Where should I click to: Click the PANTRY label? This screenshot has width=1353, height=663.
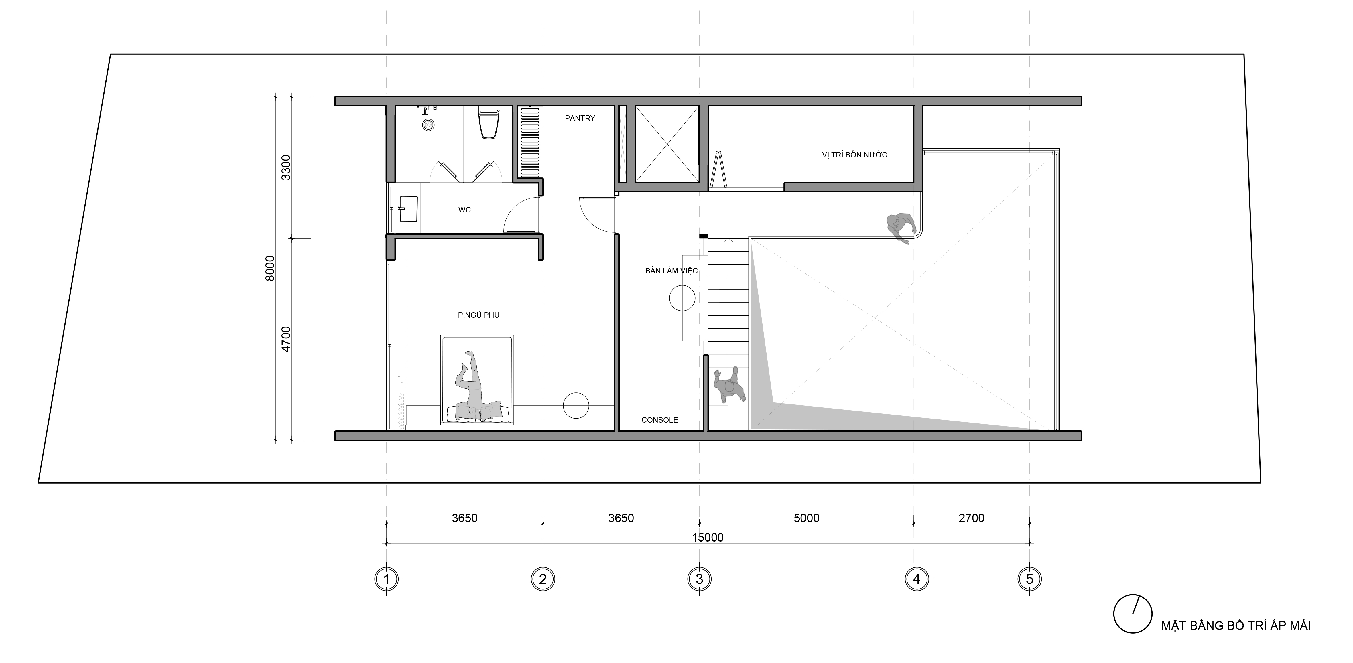(580, 118)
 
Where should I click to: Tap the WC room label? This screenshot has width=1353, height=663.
(464, 210)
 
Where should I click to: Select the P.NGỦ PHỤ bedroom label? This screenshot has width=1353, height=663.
(478, 315)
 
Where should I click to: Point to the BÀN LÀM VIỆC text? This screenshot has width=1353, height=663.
(671, 270)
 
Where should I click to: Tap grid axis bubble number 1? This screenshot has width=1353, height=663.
(387, 579)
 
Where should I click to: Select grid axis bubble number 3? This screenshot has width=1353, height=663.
(699, 579)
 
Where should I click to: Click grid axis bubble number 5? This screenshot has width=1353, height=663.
(1029, 579)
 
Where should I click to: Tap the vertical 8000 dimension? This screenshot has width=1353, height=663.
(270, 268)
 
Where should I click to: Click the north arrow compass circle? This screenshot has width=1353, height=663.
(1133, 614)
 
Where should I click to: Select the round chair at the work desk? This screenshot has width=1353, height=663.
(682, 298)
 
